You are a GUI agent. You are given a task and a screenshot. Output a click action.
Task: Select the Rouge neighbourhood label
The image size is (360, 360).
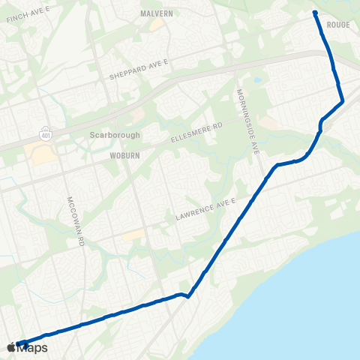338,25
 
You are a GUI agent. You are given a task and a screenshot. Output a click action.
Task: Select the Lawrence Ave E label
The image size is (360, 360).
205,209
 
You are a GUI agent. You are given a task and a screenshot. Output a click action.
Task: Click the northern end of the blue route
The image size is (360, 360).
315,13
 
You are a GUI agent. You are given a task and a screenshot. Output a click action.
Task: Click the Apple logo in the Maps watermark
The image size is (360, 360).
10,347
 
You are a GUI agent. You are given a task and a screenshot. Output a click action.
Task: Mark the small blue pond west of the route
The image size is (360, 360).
257,79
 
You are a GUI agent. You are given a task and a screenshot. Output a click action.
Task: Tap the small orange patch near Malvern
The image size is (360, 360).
157,25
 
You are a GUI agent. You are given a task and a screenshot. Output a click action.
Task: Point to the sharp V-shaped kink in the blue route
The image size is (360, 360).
188,295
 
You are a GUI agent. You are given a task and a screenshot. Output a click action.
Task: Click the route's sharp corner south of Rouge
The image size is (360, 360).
343,100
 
